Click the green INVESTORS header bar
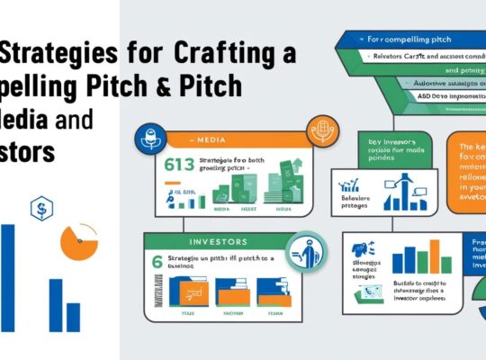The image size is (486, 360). pyautogui.click(x=217, y=241)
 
